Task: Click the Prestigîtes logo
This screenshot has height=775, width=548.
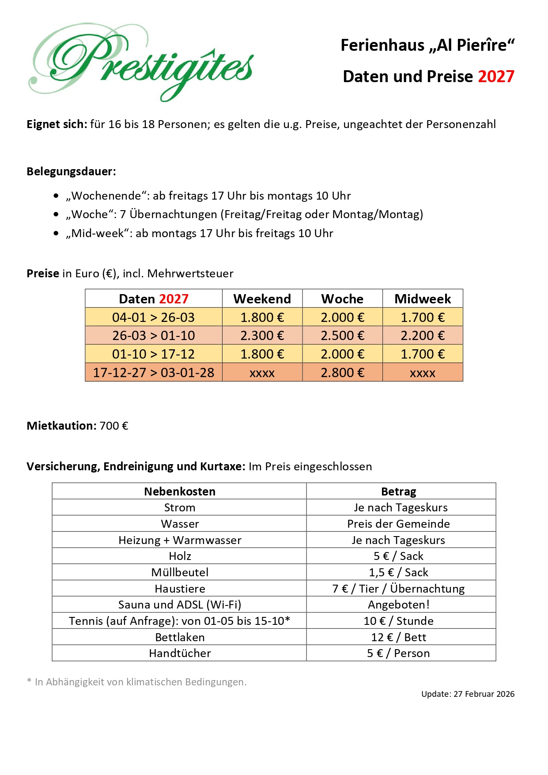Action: [x=141, y=62]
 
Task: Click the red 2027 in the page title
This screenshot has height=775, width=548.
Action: [x=496, y=76]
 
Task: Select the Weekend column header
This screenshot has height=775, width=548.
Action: [x=262, y=299]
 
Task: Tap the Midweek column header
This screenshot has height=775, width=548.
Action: [x=422, y=299]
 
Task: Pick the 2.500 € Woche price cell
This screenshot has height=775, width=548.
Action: [x=342, y=336]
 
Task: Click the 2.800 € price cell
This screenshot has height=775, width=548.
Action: [x=342, y=373]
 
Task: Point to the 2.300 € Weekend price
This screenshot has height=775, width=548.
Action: [x=262, y=336]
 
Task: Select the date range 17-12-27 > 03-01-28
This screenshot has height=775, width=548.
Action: [x=153, y=373]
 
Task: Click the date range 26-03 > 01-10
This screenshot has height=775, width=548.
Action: [x=153, y=336]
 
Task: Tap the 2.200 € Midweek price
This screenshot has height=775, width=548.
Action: [x=422, y=336]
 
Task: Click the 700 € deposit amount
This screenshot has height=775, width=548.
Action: [x=114, y=426]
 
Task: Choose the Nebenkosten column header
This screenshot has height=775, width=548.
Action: [x=179, y=491]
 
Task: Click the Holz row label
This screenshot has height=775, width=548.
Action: [x=180, y=556]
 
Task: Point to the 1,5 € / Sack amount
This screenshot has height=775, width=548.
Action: [x=398, y=572]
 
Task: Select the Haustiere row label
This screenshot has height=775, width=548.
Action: [x=180, y=589]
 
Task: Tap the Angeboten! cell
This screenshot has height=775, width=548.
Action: [x=398, y=605]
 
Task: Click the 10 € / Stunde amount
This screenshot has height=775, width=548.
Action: [x=398, y=621]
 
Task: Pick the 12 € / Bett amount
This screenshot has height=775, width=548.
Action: [x=398, y=637]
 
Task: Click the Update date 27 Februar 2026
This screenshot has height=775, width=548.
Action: [x=484, y=694]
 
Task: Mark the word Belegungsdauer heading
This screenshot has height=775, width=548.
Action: [x=71, y=171]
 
